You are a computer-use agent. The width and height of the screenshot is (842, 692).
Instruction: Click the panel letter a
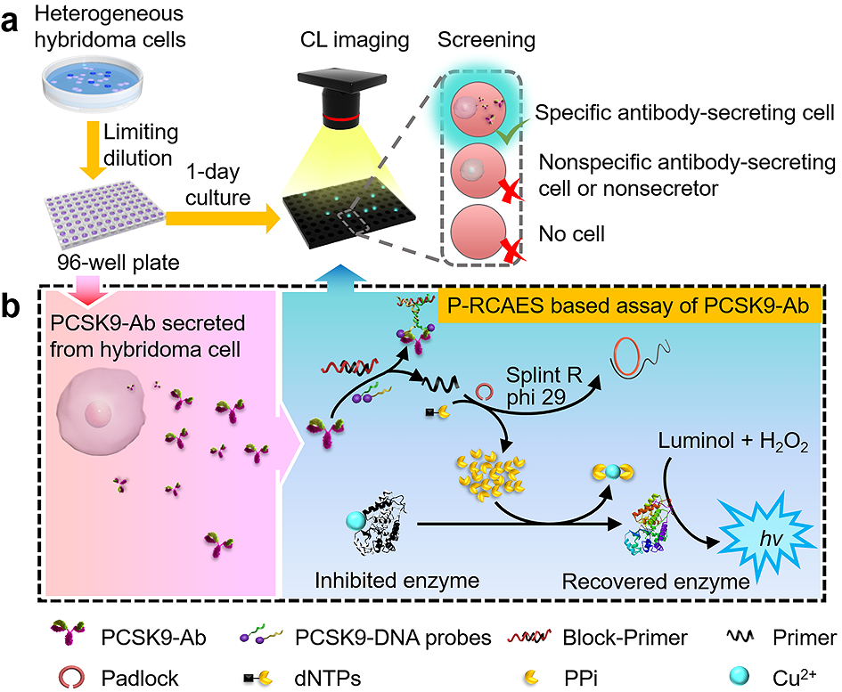(13, 20)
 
